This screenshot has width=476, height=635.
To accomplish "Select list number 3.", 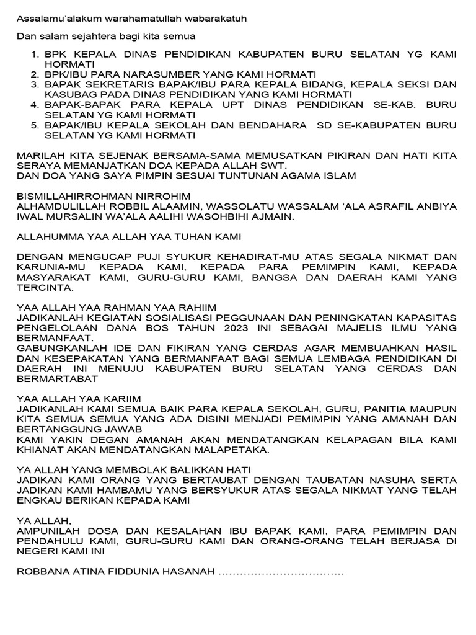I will [35, 84].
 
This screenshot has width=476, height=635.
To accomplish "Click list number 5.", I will [35, 125].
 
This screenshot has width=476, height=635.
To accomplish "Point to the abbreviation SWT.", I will [273, 166].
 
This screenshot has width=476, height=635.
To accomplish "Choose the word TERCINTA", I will [43, 287].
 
